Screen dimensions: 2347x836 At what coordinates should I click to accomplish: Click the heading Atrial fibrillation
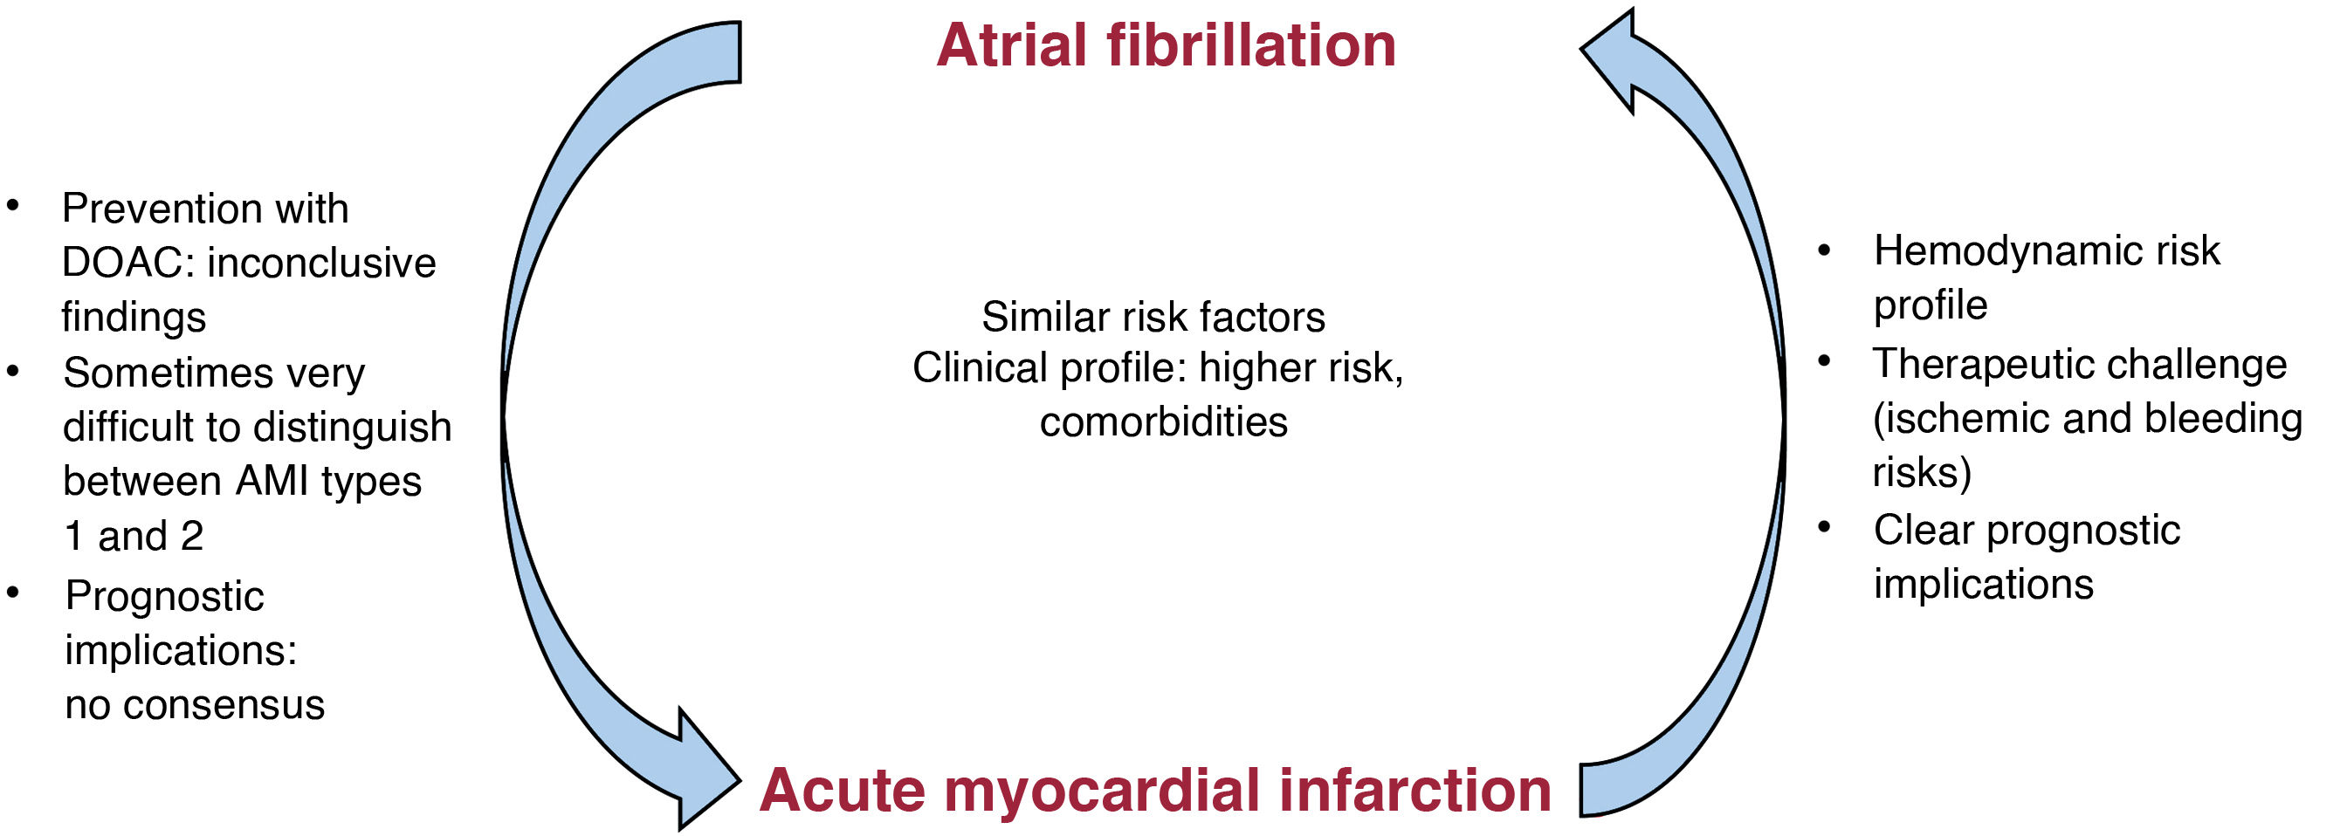tap(1166, 45)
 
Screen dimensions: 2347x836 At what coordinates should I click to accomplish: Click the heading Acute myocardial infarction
tap(1155, 790)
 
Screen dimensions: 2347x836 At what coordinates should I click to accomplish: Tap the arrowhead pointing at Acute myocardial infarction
tap(706, 770)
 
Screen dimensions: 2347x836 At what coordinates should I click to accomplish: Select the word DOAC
tap(128, 264)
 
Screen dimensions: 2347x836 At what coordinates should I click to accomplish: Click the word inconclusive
tap(322, 264)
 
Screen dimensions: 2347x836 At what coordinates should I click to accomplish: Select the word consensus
tap(224, 705)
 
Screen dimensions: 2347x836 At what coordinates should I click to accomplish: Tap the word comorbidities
tap(1164, 421)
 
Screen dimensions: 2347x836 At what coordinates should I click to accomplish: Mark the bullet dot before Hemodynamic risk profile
tap(1824, 250)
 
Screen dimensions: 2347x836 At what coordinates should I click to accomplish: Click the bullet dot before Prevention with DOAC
tap(13, 206)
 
